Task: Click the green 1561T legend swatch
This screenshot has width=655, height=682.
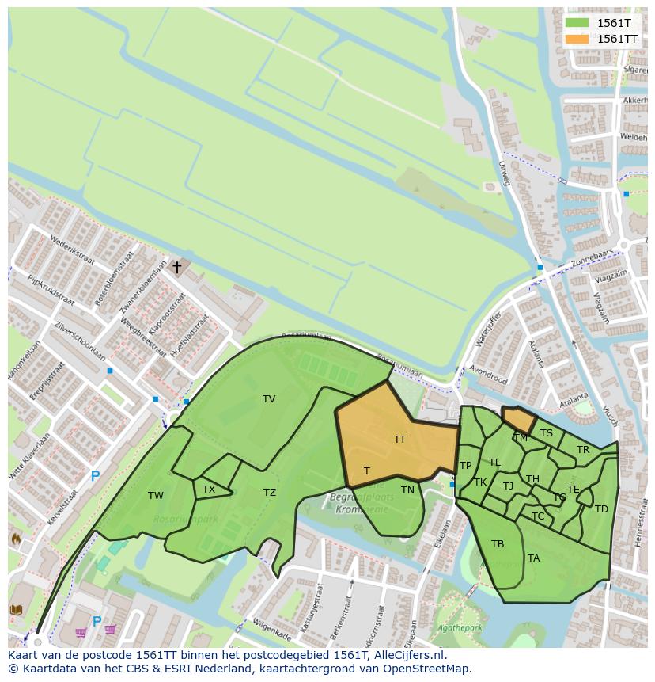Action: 577,23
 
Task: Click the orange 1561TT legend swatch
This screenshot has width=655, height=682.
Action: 577,39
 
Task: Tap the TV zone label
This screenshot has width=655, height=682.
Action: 269,399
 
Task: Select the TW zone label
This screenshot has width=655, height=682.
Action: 156,496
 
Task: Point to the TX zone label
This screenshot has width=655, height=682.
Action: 209,490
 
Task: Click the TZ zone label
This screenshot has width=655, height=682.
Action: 270,493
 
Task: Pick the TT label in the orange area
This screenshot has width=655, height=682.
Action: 399,439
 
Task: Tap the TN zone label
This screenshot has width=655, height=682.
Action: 407,490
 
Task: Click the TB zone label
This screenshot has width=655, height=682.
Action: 498,544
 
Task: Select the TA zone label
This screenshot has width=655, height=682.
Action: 534,558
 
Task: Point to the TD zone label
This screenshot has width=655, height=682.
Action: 601,509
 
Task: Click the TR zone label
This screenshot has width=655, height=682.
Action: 583,450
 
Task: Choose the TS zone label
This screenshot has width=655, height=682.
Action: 547,433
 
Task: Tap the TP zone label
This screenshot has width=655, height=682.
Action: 465,466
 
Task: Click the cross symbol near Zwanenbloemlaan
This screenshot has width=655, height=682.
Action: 176,268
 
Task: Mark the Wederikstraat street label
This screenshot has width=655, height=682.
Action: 72,253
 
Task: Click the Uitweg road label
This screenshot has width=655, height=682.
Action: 505,173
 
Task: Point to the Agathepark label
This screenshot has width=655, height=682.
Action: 458,629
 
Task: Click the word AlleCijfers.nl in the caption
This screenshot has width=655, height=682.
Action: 410,655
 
